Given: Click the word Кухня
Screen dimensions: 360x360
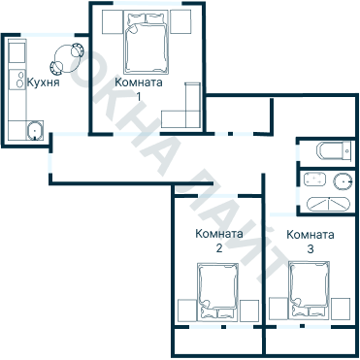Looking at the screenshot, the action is coord(43,82).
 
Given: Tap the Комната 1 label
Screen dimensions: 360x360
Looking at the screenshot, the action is coord(139,89).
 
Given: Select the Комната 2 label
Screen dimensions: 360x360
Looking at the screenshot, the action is coord(219,241).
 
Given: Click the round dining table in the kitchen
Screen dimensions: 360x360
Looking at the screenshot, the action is coord(67,58).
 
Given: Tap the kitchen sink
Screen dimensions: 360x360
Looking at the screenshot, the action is coord(35,130).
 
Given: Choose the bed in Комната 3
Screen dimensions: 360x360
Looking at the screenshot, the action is coord(309,290).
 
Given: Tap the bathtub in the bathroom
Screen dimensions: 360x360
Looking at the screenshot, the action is coord(328,204).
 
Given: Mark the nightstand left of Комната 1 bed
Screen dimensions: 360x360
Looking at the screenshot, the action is coord(113,21).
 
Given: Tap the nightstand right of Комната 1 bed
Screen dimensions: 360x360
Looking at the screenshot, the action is coord(180,21).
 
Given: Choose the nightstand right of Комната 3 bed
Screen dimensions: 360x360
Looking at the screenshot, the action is coord(341,309).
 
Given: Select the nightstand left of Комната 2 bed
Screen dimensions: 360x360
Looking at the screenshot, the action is coord(187,311).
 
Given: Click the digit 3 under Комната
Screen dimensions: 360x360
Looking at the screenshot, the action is coord(311,249).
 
